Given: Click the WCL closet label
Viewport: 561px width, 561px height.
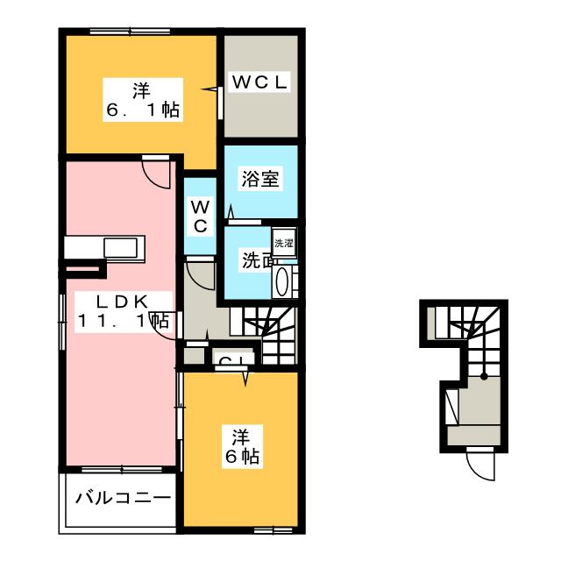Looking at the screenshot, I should (x=260, y=83).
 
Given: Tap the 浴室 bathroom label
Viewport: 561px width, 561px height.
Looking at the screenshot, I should (x=260, y=179).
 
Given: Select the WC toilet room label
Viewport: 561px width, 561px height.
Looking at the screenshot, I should (x=201, y=217).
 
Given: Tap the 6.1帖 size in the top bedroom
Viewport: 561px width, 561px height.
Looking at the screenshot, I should (x=142, y=110).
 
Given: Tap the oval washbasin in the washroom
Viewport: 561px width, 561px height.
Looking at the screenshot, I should (x=283, y=282).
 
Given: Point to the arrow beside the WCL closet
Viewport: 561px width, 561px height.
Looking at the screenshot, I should (x=210, y=89).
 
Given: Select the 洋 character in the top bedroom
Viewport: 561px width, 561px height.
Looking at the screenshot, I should (x=142, y=89).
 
